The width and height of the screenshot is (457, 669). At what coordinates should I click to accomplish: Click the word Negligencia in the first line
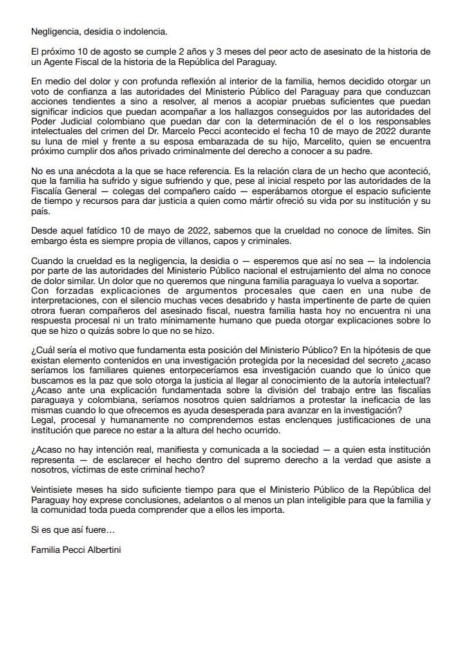click(55, 32)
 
